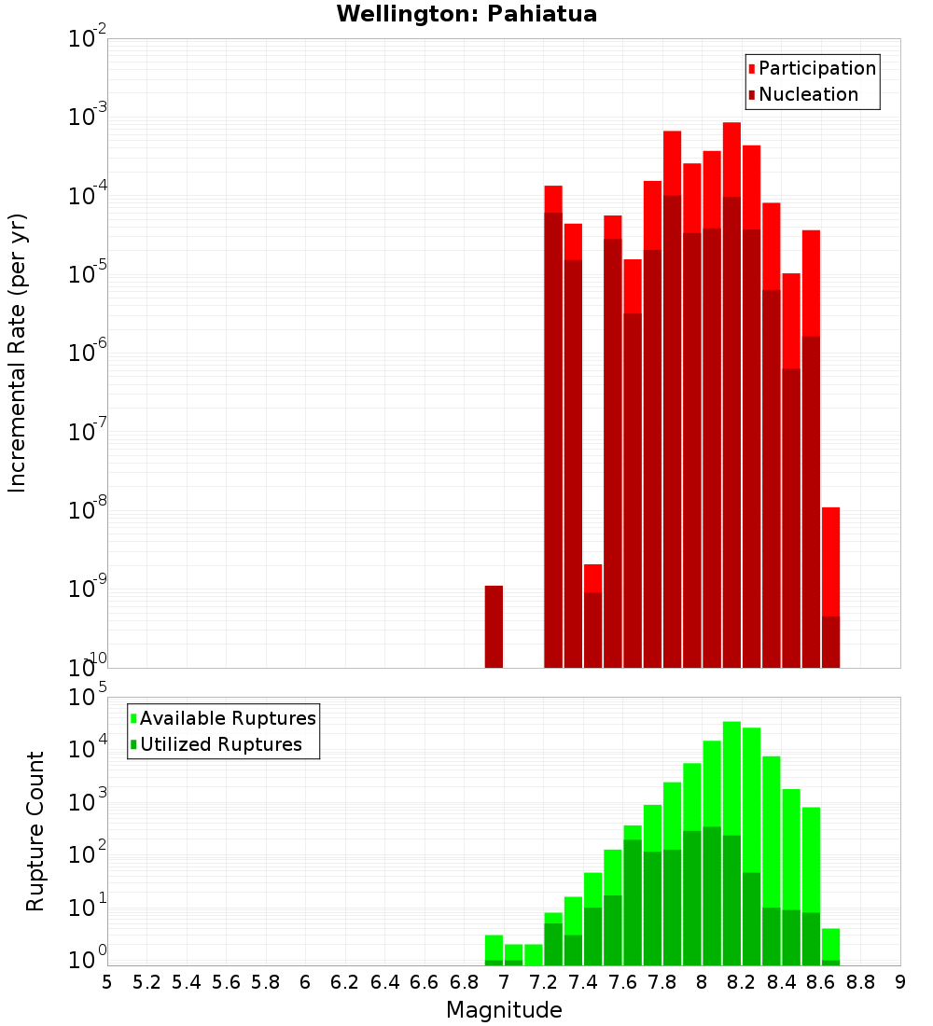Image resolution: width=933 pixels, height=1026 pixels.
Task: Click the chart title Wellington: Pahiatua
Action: coord(466,14)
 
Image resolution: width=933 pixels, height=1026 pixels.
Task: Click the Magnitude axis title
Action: coord(504,1010)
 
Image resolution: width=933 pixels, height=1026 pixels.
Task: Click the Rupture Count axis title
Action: coord(35,830)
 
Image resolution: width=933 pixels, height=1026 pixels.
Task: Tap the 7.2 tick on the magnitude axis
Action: coord(543,981)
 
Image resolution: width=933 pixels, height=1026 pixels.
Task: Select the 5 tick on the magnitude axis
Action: coord(107,981)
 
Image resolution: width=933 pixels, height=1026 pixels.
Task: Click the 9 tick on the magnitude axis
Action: coord(900,981)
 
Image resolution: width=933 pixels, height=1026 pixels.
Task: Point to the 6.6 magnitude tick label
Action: coord(425,981)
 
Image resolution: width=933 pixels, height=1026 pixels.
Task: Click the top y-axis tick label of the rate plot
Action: coord(88,39)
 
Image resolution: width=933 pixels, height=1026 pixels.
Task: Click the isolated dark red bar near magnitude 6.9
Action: coord(494,627)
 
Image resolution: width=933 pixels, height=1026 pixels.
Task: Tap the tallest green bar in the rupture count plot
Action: coord(731,839)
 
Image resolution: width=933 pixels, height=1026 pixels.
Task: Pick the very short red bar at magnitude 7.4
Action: coord(592,616)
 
